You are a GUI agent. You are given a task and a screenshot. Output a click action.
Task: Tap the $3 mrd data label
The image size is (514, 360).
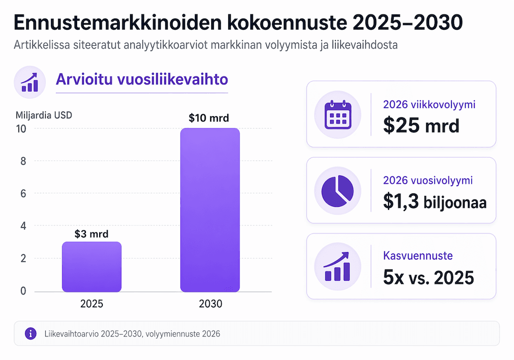coord(91,235)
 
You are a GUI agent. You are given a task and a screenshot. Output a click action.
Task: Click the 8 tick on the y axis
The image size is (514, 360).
coord(22,161)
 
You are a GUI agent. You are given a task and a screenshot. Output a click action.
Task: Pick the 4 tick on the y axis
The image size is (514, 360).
coord(22,226)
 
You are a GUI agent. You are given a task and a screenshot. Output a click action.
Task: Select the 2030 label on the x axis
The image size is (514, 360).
coord(210,304)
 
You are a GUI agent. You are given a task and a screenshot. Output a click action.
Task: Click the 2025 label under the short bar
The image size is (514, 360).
coord(91,304)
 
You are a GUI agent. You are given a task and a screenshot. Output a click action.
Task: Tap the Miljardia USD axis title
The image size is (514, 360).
coord(44,115)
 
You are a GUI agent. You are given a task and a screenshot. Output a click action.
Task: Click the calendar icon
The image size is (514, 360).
coord(337,114)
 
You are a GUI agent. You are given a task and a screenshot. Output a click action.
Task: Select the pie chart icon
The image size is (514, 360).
coord(337,190)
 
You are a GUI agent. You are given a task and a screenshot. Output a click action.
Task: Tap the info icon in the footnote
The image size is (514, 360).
coord(31,334)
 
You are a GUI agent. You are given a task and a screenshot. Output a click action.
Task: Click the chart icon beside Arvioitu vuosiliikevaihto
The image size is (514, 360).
coord(30,81)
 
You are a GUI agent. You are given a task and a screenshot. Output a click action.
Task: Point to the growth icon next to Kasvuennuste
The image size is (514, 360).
coord(337,266)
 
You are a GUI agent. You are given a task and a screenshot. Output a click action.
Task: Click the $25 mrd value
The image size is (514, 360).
coord(421,125)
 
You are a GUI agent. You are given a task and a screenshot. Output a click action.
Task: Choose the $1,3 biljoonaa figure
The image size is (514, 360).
coord(434,202)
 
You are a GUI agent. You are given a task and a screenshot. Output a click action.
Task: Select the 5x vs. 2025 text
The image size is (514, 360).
coord(428,278)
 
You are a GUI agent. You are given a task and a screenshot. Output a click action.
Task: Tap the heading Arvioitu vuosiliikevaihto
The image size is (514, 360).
coord(141,80)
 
